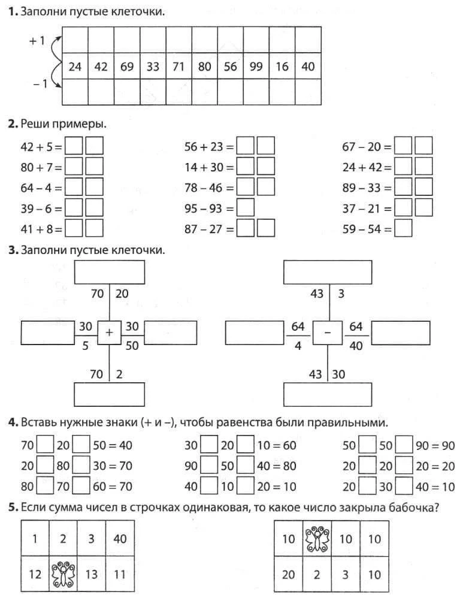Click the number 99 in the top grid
256,67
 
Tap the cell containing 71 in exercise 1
178,67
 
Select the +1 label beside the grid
37,41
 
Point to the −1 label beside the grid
39,84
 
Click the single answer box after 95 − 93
246,209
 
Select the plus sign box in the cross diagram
109,332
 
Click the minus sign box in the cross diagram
329,332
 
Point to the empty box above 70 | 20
110,273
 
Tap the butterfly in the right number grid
317,539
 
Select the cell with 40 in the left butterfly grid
120,539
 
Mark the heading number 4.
11,423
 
